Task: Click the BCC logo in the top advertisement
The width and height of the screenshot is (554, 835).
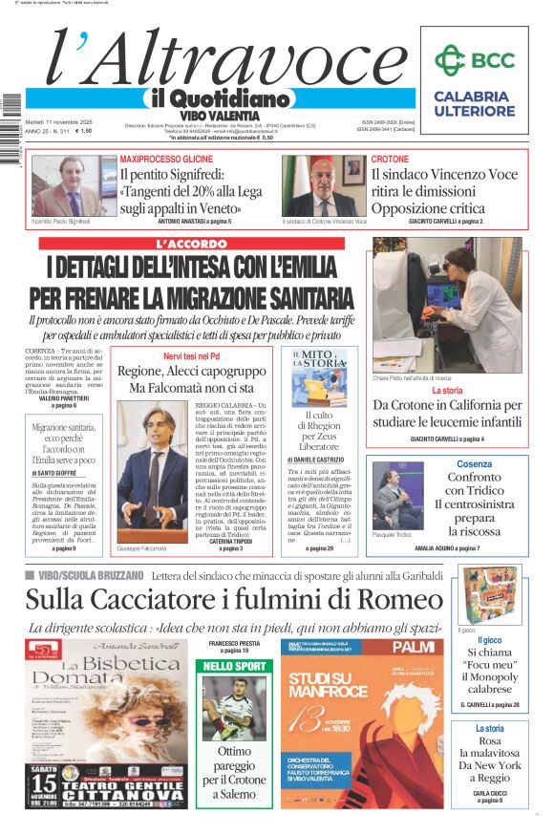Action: point(475,60)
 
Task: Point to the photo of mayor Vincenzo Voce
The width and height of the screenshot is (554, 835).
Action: point(324,185)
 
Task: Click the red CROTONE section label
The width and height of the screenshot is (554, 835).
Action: point(390,159)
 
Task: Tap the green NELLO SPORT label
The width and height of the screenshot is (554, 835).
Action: point(234,665)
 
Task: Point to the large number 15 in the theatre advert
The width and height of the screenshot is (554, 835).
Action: point(41,771)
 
